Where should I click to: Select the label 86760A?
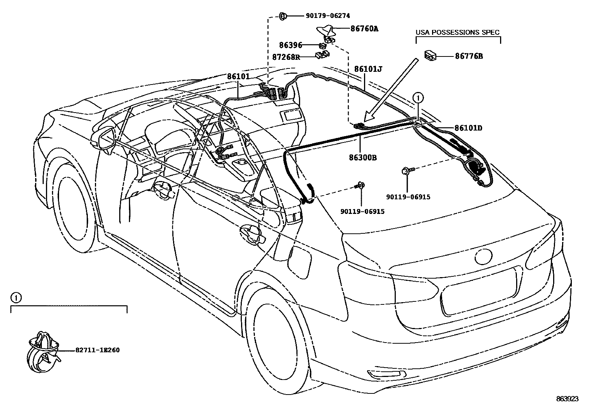[364, 28]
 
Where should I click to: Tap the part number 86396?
[290, 45]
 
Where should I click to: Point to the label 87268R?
[286, 57]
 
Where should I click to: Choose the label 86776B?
[469, 56]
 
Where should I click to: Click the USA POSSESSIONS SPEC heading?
[457, 33]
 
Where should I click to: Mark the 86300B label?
[363, 158]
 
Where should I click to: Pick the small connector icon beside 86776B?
[430, 56]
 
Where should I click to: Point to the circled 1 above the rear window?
[418, 98]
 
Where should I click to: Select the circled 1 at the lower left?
[15, 298]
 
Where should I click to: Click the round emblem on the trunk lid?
[484, 257]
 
